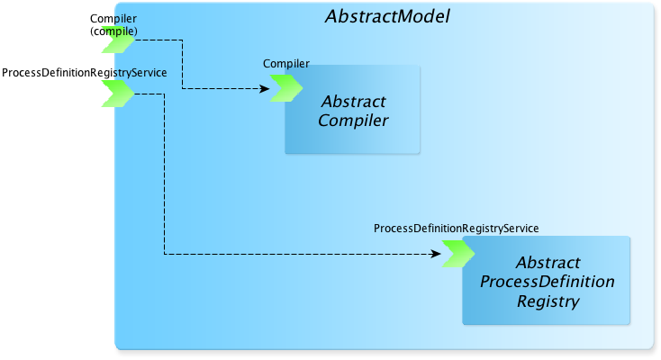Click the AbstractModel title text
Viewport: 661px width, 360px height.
point(387,16)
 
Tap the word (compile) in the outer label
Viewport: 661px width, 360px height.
point(113,31)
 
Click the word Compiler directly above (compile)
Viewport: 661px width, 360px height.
point(113,19)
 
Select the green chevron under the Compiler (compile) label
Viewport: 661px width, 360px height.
point(118,40)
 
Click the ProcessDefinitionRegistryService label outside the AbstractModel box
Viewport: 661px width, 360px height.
point(85,73)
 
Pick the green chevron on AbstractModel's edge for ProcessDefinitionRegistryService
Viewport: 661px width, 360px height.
point(118,94)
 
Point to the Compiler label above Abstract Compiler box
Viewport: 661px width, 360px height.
point(286,64)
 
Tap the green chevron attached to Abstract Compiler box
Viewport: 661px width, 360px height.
point(286,88)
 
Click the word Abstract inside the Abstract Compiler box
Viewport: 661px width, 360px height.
point(354,102)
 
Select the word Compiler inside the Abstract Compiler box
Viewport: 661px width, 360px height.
point(353,121)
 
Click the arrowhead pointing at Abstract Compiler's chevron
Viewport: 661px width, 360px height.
point(265,88)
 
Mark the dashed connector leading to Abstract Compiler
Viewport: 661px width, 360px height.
point(182,64)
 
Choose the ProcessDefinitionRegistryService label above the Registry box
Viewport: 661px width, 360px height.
point(456,228)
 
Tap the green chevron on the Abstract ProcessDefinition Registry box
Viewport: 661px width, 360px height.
point(458,254)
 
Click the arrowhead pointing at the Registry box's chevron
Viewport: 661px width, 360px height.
point(436,254)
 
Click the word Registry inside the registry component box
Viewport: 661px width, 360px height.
point(548,301)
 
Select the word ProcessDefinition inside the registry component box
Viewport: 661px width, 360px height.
point(548,282)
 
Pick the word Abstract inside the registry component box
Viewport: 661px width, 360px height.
point(548,263)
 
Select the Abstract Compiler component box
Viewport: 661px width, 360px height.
point(352,110)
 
